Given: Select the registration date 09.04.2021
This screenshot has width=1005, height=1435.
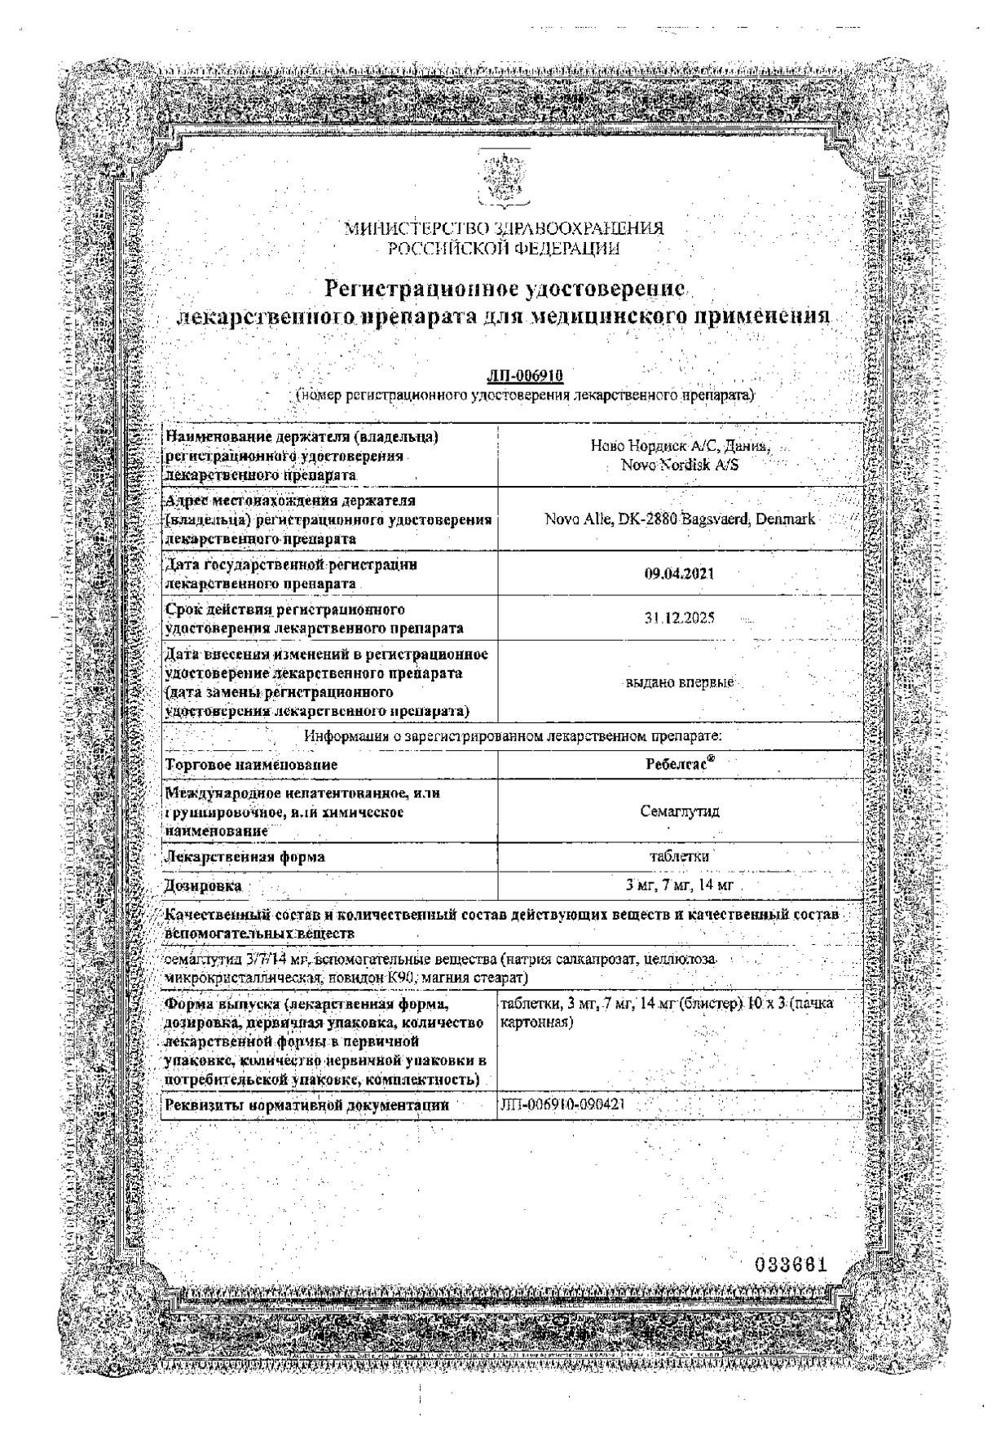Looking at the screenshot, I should tap(678, 573).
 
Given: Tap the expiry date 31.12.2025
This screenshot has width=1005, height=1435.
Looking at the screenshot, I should tap(678, 618).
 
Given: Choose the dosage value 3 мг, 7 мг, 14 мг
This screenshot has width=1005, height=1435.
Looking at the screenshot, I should tap(678, 885).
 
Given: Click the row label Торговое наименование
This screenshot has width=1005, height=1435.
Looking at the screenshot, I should tap(251, 766).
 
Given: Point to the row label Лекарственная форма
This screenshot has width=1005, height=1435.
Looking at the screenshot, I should tap(245, 857).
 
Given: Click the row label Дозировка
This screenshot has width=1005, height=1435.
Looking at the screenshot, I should tap(203, 886).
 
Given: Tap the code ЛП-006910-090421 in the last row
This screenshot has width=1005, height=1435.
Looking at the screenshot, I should tap(564, 1105).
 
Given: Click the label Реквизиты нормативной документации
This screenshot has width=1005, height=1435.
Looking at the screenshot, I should tap(306, 1106).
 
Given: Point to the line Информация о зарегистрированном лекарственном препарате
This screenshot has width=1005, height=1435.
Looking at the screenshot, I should tap(512, 736).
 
